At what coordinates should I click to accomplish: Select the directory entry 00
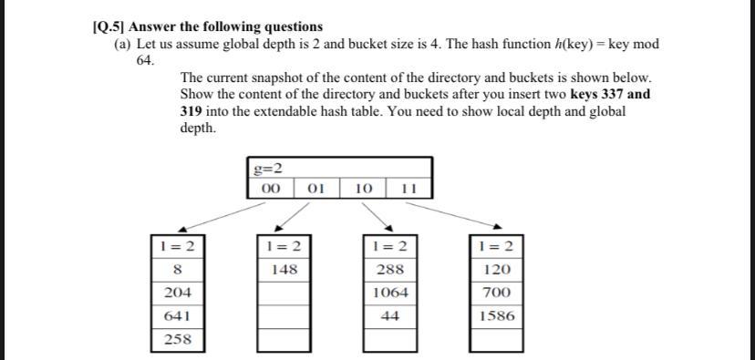tap(270, 189)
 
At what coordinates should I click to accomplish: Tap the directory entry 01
tap(316, 189)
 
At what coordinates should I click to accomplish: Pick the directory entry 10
tap(362, 189)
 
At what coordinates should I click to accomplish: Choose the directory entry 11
tap(408, 189)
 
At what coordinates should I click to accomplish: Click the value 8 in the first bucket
tap(177, 270)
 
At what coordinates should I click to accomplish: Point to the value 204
tap(177, 293)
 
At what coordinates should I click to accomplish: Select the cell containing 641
tap(177, 316)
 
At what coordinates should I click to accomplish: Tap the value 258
tap(177, 339)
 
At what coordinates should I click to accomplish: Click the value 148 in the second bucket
tap(284, 270)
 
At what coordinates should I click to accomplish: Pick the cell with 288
tap(391, 270)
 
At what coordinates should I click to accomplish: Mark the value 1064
tap(391, 293)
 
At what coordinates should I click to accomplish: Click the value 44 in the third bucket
tap(391, 316)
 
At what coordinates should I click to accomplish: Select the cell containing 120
tap(497, 270)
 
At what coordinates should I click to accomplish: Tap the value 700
tap(497, 293)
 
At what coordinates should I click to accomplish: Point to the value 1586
tap(497, 316)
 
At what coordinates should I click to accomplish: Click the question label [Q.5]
tap(109, 26)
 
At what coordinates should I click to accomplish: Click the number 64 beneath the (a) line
tap(145, 60)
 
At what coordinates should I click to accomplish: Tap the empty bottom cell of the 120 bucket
tap(497, 339)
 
